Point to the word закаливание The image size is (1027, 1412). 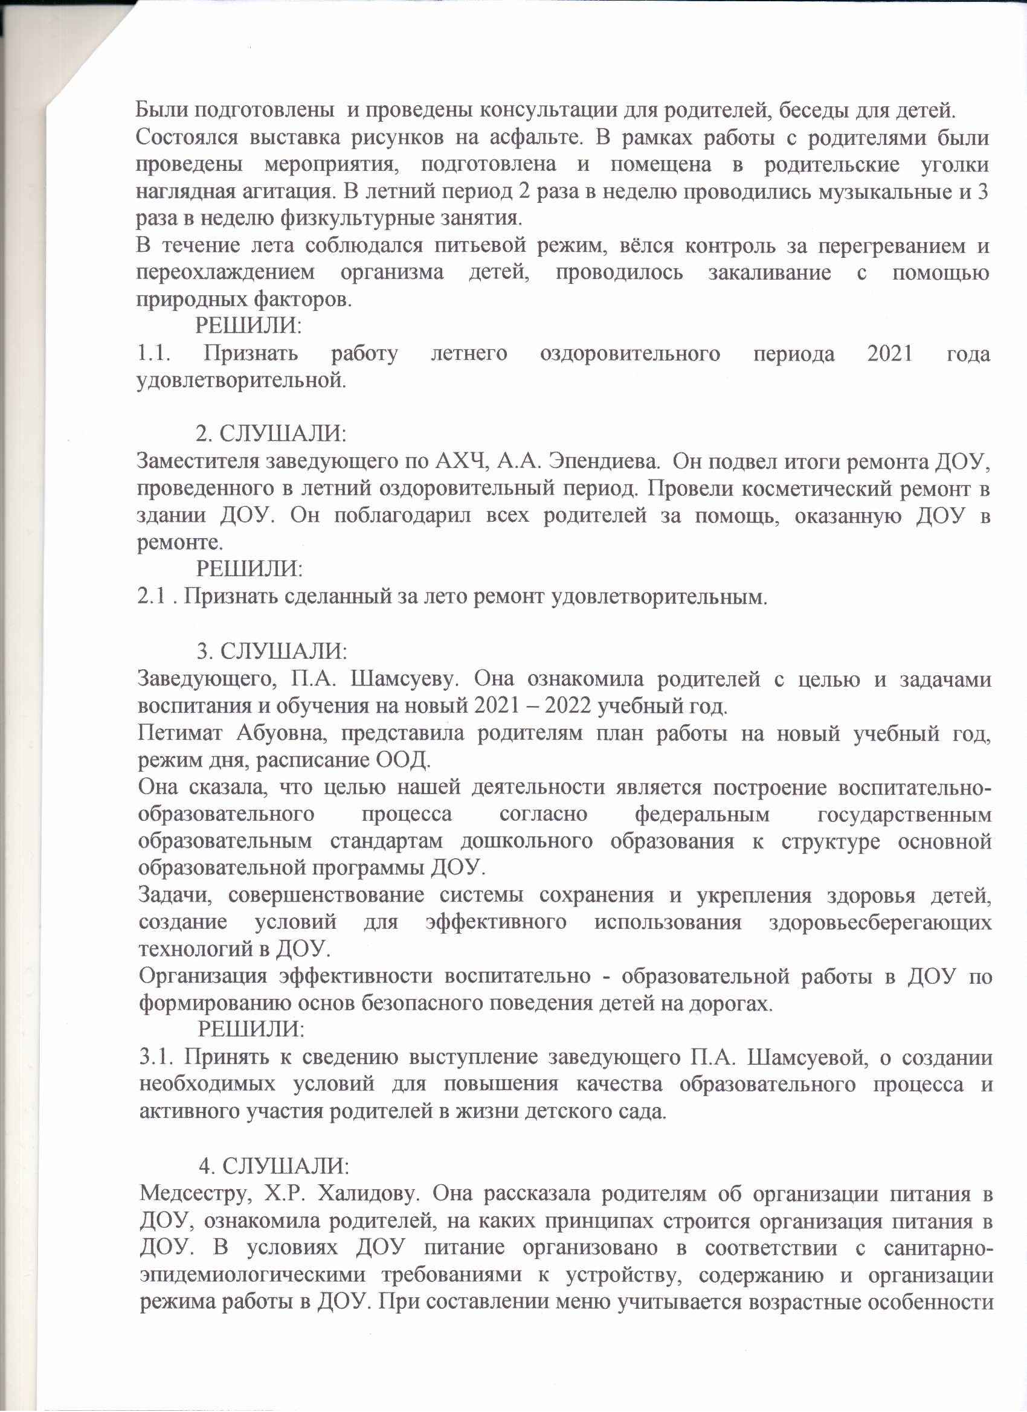coord(769,273)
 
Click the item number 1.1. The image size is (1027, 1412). coord(155,354)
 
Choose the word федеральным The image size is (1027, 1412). coord(702,814)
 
